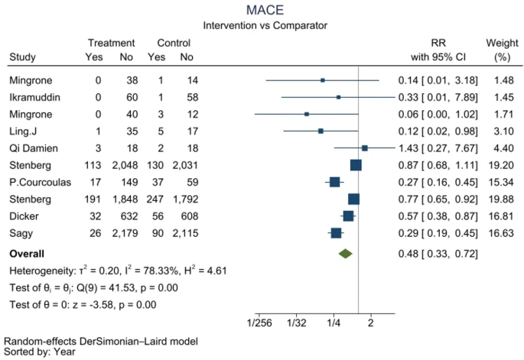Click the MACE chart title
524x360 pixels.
click(265, 10)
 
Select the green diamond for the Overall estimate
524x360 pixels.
click(345, 253)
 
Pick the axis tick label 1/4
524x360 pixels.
click(334, 323)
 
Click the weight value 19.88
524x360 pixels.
click(497, 199)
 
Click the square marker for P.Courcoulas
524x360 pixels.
click(334, 182)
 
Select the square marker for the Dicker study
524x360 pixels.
click(348, 216)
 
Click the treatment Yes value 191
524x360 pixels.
click(93, 199)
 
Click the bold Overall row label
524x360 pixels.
click(27, 253)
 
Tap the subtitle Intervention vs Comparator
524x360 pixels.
click(265, 25)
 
